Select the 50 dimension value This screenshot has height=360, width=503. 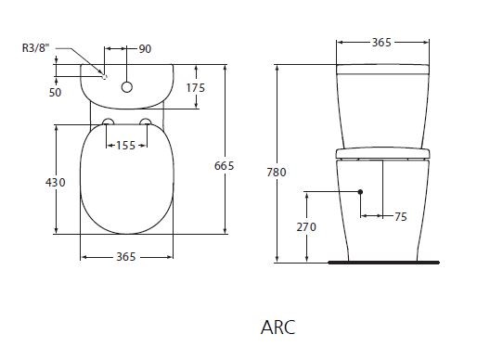57,93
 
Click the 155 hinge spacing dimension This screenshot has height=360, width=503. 128,145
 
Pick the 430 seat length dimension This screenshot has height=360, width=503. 56,183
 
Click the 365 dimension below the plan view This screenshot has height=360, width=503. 127,256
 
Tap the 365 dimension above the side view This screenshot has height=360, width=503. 383,43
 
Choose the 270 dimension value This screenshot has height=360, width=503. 306,225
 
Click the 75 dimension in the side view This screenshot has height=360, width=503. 401,216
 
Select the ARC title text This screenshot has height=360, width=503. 277,328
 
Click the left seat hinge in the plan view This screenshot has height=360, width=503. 109,123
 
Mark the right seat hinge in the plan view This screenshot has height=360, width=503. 147,123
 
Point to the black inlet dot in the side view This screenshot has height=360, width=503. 359,192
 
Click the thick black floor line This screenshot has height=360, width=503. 383,263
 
